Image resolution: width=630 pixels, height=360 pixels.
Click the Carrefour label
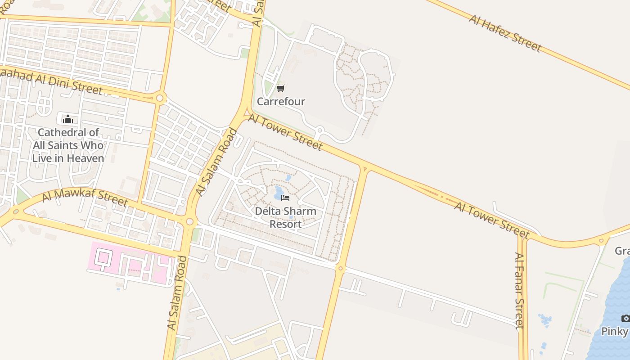[281, 102]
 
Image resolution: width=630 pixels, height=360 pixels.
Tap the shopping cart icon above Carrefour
[281, 88]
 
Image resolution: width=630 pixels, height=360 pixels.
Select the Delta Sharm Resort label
[286, 217]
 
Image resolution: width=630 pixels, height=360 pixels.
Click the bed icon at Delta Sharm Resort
[285, 198]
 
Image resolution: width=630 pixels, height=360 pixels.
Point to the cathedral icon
[68, 119]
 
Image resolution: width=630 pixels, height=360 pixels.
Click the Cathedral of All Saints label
[68, 145]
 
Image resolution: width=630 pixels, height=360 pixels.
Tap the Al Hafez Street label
[505, 32]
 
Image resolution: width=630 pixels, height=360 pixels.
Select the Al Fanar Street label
[520, 290]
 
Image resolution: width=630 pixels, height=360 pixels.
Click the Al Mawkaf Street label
[85, 197]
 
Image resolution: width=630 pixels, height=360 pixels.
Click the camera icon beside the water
[625, 319]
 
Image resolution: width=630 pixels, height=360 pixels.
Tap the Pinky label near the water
[615, 332]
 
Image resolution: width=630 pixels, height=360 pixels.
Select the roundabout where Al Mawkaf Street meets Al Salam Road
[189, 221]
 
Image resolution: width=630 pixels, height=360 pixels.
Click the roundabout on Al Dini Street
[160, 98]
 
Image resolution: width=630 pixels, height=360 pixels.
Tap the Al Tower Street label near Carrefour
[285, 132]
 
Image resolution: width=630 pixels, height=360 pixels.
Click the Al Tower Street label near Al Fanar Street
[491, 220]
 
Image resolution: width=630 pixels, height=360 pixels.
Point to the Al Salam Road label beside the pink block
[176, 292]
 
